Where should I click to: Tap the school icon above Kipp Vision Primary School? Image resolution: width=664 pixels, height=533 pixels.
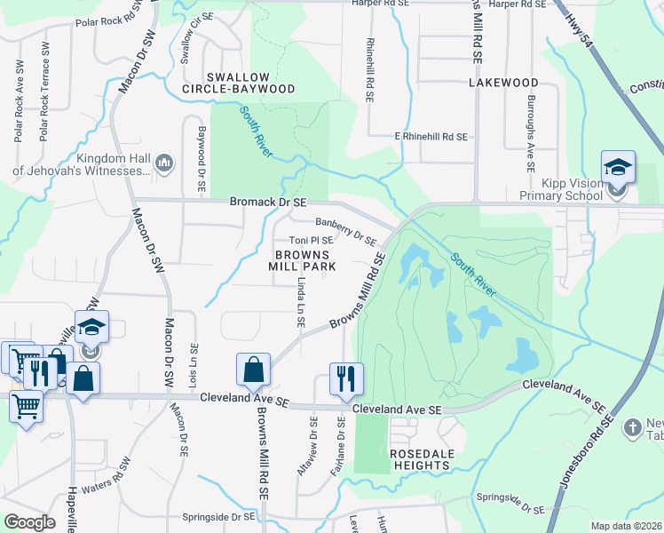tap(618, 166)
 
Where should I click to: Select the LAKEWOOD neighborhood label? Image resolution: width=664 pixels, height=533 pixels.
tap(503, 83)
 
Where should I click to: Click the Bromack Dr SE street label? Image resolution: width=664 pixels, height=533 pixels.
tap(268, 203)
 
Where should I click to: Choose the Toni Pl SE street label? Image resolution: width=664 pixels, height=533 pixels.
tap(311, 241)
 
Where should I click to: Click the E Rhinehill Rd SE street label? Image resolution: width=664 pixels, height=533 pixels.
tap(431, 137)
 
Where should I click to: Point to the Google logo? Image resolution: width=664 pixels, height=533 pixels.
tap(29, 522)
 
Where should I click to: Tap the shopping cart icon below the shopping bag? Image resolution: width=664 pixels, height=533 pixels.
tap(26, 408)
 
